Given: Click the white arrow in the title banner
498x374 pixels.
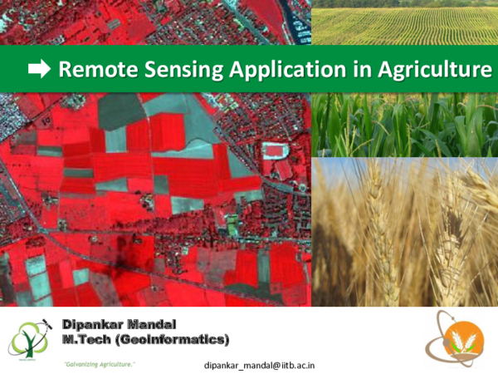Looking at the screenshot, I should click(39, 70).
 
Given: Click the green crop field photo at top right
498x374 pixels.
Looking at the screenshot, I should click(404, 22).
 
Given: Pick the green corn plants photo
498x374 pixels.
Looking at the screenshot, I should click(404, 125).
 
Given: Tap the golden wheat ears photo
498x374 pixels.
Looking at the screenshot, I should click(404, 233).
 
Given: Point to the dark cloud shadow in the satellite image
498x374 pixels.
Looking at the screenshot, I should click(124, 253).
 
